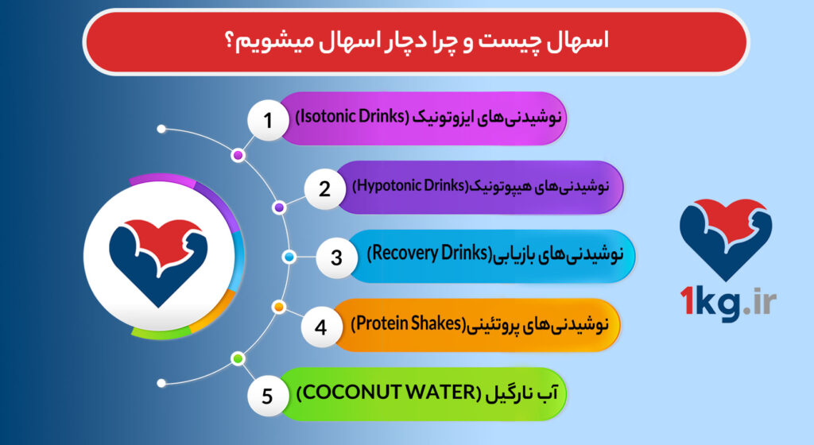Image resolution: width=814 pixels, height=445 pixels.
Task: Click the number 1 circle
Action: pos(268,122)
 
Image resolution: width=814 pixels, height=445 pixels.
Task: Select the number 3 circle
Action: pos(335,257)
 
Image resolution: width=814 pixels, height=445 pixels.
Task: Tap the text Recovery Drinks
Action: pos(428,254)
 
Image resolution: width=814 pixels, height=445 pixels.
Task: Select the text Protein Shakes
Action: pos(408,323)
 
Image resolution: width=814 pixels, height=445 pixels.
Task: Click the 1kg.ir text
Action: pos(727,302)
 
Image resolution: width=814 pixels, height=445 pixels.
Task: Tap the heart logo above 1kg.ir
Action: pos(726,234)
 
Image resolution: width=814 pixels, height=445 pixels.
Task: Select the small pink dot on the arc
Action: pos(237,155)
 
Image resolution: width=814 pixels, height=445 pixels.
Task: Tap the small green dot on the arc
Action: pos(237,359)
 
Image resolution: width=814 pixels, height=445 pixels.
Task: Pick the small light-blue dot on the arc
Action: pos(289,257)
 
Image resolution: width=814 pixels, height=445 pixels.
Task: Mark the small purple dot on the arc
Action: pos(279,207)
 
